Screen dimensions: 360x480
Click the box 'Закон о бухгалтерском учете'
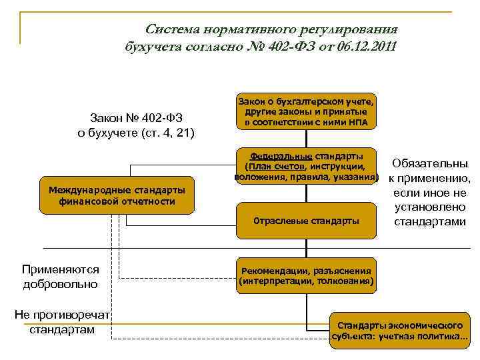tap(306, 111)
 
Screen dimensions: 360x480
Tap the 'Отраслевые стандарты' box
tap(306, 221)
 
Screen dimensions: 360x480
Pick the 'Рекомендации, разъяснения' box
tap(306, 275)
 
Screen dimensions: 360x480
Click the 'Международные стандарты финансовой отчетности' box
tap(117, 195)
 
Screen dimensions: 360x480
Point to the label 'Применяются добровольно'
tap(60, 277)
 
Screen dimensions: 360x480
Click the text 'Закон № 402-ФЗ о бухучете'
tap(136, 125)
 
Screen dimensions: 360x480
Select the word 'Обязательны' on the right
tap(430, 163)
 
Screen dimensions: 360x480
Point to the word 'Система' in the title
tap(174, 29)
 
